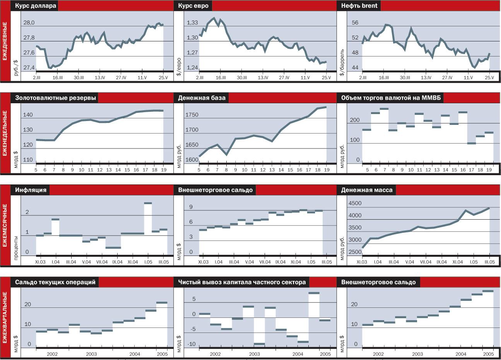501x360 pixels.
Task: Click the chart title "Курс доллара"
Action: tap(36, 6)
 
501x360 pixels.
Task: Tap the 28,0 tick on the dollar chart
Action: tap(29, 23)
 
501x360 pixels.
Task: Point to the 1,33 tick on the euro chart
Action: tap(192, 23)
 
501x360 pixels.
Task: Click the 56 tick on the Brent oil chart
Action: tap(355, 23)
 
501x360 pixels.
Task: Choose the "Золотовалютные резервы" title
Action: tap(55, 98)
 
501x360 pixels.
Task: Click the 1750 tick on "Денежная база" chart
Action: tap(192, 115)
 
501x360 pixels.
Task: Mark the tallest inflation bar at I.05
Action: tap(148, 203)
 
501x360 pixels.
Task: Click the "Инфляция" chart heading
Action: tap(31, 190)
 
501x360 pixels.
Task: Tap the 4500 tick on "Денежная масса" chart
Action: tap(355, 203)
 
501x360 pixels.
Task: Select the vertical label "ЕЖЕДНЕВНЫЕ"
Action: tap(5, 41)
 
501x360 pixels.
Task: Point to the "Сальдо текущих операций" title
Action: tap(55, 282)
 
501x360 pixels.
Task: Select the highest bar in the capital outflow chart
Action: tap(314, 293)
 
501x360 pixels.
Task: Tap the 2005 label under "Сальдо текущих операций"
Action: tap(162, 354)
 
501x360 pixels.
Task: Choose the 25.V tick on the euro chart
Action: tap(326, 78)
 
